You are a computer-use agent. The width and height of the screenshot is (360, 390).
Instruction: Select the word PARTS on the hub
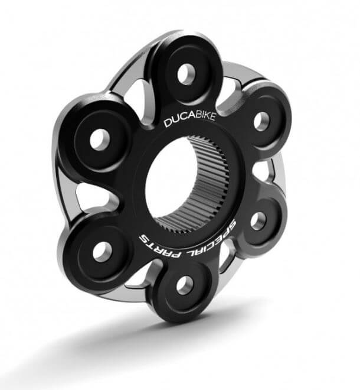(161, 242)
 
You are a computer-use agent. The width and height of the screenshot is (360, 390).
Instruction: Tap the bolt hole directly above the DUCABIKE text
(187, 73)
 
